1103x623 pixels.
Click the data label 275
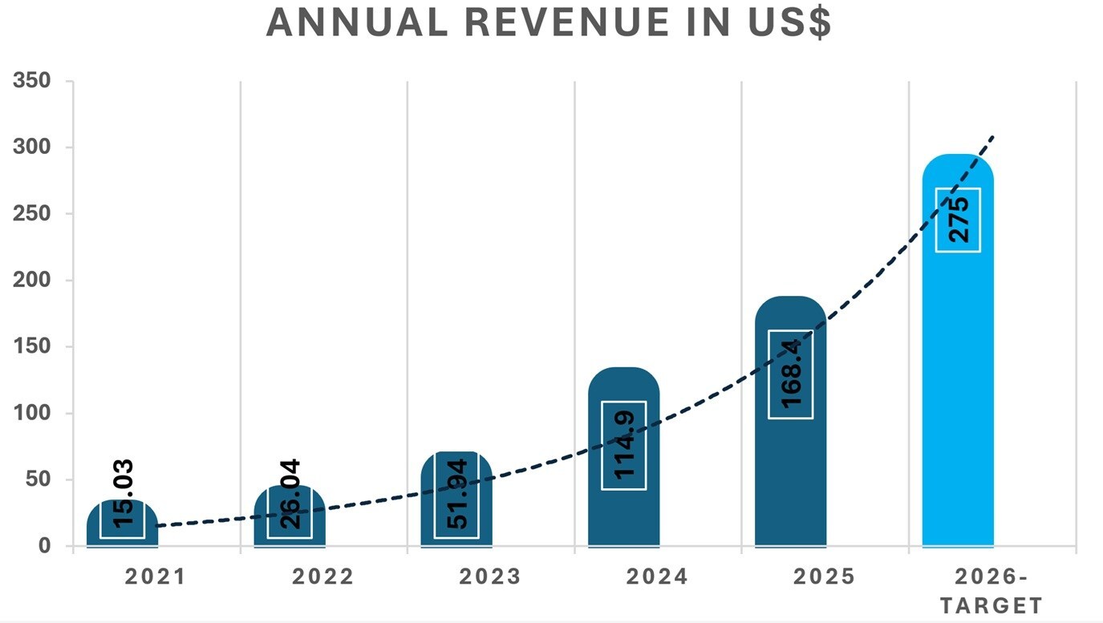pos(958,219)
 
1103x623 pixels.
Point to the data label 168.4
pos(790,374)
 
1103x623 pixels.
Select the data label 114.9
pos(623,445)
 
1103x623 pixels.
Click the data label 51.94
pos(456,494)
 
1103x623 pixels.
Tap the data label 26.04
pos(290,493)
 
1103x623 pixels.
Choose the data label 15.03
pos(123,493)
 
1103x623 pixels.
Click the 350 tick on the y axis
pos(32,81)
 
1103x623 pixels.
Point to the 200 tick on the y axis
pos(32,281)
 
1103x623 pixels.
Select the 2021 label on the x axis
pos(155,577)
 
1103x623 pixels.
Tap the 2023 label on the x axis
pos(489,577)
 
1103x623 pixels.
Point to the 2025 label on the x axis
pos(824,577)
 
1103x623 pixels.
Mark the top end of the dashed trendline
pos(995,136)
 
